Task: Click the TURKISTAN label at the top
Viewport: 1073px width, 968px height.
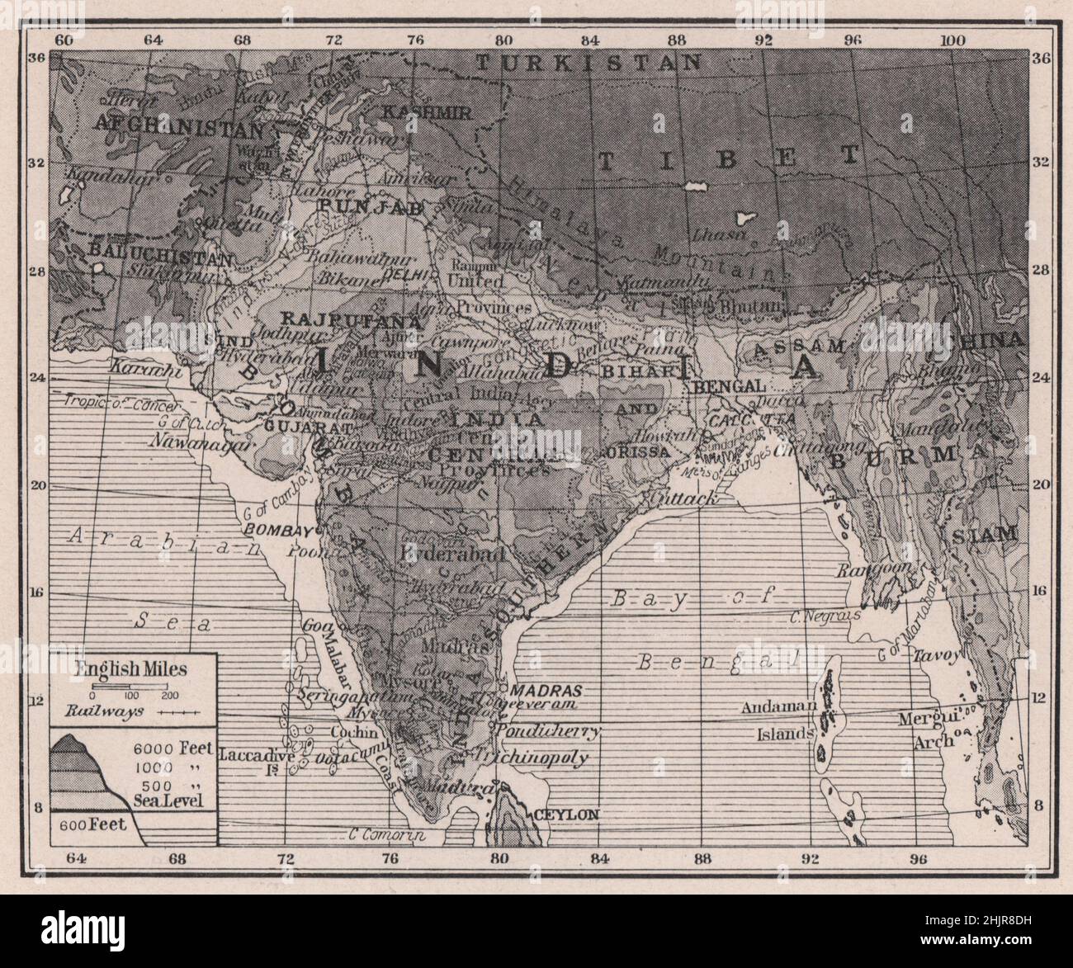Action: click(x=589, y=63)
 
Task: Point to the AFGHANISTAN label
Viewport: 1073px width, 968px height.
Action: click(x=180, y=126)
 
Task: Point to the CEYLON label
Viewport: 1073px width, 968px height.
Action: click(x=565, y=814)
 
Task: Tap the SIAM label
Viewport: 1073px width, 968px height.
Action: click(x=986, y=535)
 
